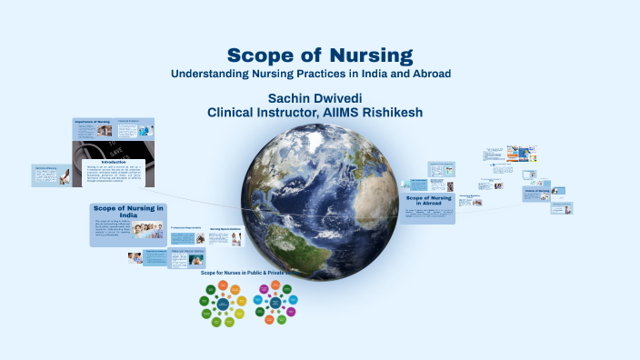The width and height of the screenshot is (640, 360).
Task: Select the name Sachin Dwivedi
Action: (315, 97)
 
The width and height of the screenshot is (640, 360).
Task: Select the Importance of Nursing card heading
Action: (92, 121)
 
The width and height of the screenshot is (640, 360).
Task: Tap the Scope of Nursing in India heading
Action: (128, 211)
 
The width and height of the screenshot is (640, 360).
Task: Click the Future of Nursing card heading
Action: (537, 191)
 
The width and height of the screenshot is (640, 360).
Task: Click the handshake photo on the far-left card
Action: (65, 176)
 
